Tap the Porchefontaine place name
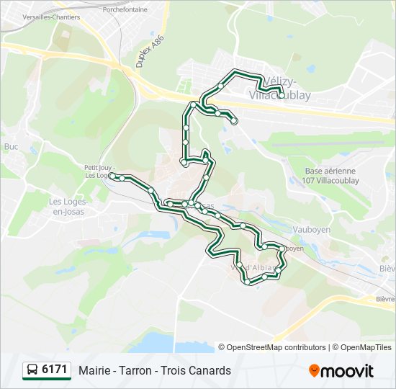click(125, 10)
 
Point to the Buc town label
click(11, 146)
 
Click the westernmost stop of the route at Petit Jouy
click(112, 175)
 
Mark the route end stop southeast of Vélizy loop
click(234, 121)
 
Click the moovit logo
click(341, 371)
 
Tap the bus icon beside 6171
click(32, 370)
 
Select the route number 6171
click(55, 370)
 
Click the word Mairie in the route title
click(95, 371)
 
